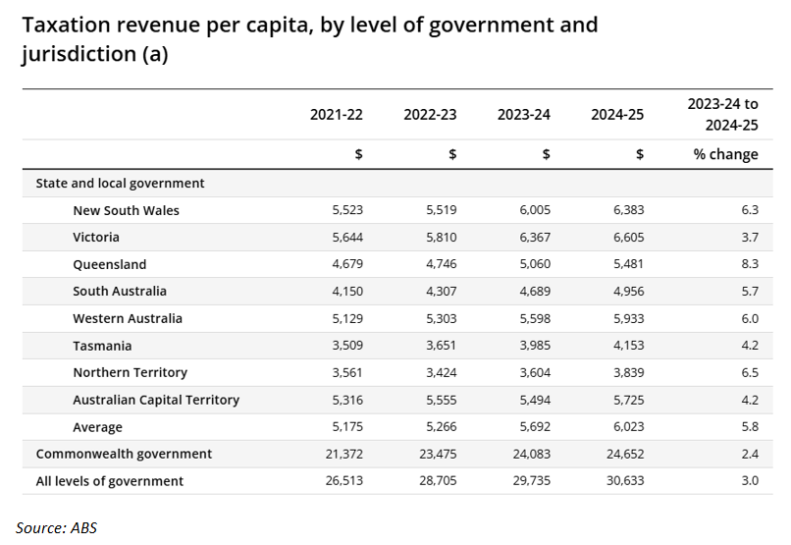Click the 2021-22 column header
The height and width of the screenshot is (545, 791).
tap(336, 115)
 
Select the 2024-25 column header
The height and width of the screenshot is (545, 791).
tap(617, 115)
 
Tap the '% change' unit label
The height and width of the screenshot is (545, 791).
tap(725, 154)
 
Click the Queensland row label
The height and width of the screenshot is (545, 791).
tap(109, 264)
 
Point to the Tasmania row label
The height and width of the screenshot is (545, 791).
tap(102, 346)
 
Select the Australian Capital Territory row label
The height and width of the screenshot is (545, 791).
tap(156, 400)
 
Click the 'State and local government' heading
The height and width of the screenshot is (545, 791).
tap(120, 183)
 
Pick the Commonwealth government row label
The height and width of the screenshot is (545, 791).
tap(124, 454)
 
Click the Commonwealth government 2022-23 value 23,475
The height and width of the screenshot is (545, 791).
tap(435, 454)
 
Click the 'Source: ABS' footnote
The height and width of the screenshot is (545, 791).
tap(57, 527)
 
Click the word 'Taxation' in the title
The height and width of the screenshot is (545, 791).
tap(71, 25)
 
